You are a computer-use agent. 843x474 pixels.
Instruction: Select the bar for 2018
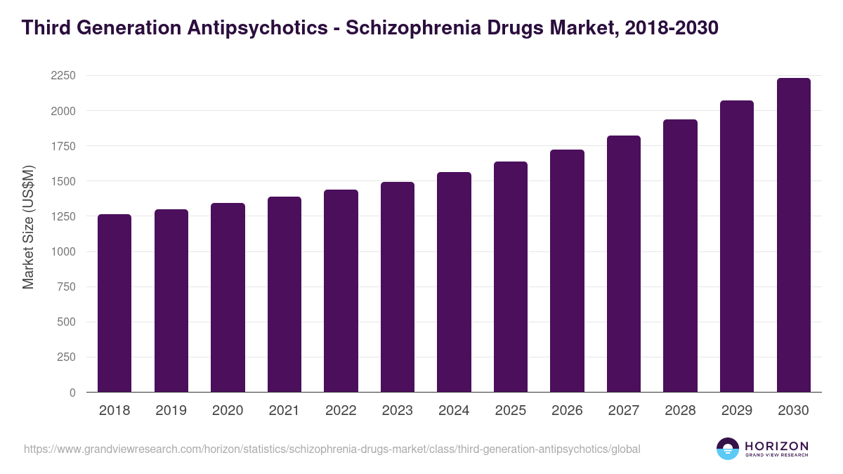click(115, 303)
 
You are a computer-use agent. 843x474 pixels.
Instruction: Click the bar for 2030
click(793, 235)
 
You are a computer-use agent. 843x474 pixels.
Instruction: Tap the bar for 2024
click(454, 282)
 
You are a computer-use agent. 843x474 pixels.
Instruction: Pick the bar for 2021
click(285, 295)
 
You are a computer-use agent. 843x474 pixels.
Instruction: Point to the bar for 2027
click(624, 264)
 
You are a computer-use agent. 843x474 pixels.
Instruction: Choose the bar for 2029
click(737, 246)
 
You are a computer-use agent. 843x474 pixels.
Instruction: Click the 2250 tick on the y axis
click(63, 76)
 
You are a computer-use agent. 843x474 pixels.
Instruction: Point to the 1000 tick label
click(63, 252)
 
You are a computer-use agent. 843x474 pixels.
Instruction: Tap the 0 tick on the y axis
click(72, 393)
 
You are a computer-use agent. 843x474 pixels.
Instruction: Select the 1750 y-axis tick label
click(63, 146)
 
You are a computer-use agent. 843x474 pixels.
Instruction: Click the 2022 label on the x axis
click(341, 411)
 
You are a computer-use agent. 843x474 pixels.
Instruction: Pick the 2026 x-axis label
click(567, 411)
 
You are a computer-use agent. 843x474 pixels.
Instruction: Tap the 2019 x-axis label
click(171, 411)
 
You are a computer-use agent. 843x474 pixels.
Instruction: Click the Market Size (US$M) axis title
click(28, 226)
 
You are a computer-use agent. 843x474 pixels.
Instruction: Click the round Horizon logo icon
click(728, 449)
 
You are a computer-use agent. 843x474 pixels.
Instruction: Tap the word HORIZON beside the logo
click(776, 446)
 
